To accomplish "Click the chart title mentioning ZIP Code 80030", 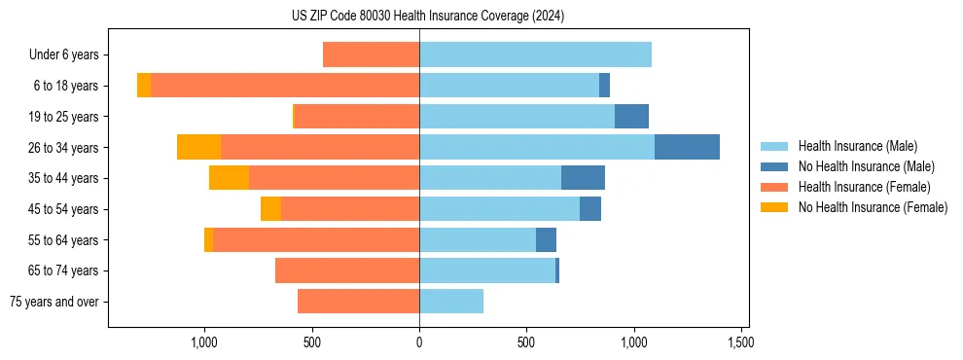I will click(x=428, y=17).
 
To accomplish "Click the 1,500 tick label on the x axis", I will click(x=740, y=343).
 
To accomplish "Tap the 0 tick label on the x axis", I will click(x=419, y=343).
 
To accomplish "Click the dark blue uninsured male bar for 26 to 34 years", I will click(x=687, y=147).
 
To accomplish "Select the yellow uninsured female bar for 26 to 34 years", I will click(x=198, y=147).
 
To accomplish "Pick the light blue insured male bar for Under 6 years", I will click(x=535, y=54).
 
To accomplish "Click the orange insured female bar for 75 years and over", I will click(x=358, y=302).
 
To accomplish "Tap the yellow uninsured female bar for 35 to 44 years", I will click(x=229, y=178).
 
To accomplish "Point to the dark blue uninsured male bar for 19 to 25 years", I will click(x=631, y=117).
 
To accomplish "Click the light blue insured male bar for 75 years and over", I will click(x=451, y=302).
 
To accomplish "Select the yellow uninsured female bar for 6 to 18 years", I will click(x=144, y=86).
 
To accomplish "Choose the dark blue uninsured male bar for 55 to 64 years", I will click(x=546, y=239).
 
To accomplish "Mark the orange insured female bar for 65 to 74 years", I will click(x=347, y=270).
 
